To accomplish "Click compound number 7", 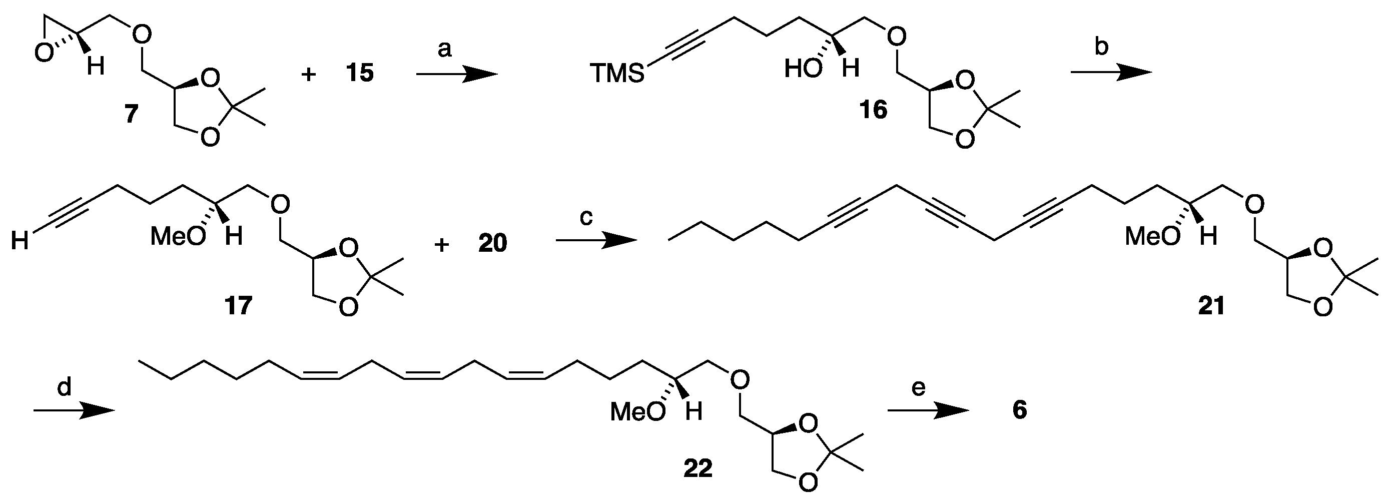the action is pyautogui.click(x=132, y=114).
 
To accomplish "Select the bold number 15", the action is pyautogui.click(x=360, y=72).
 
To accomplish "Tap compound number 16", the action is pyautogui.click(x=873, y=111).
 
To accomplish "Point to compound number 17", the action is pyautogui.click(x=238, y=306).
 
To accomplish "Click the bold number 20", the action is pyautogui.click(x=493, y=243).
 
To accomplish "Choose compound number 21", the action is pyautogui.click(x=1211, y=306).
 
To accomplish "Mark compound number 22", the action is pyautogui.click(x=698, y=468).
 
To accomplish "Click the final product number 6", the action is pyautogui.click(x=1020, y=410).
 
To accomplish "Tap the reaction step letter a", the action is pyautogui.click(x=444, y=50).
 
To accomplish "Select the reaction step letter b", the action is pyautogui.click(x=1102, y=48).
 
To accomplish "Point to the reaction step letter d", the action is pyautogui.click(x=64, y=387).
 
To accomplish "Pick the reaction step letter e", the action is pyautogui.click(x=918, y=387).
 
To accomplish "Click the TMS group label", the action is pyautogui.click(x=617, y=73).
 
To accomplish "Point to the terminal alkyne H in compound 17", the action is pyautogui.click(x=20, y=240).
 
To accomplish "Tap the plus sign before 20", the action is pyautogui.click(x=441, y=245).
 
